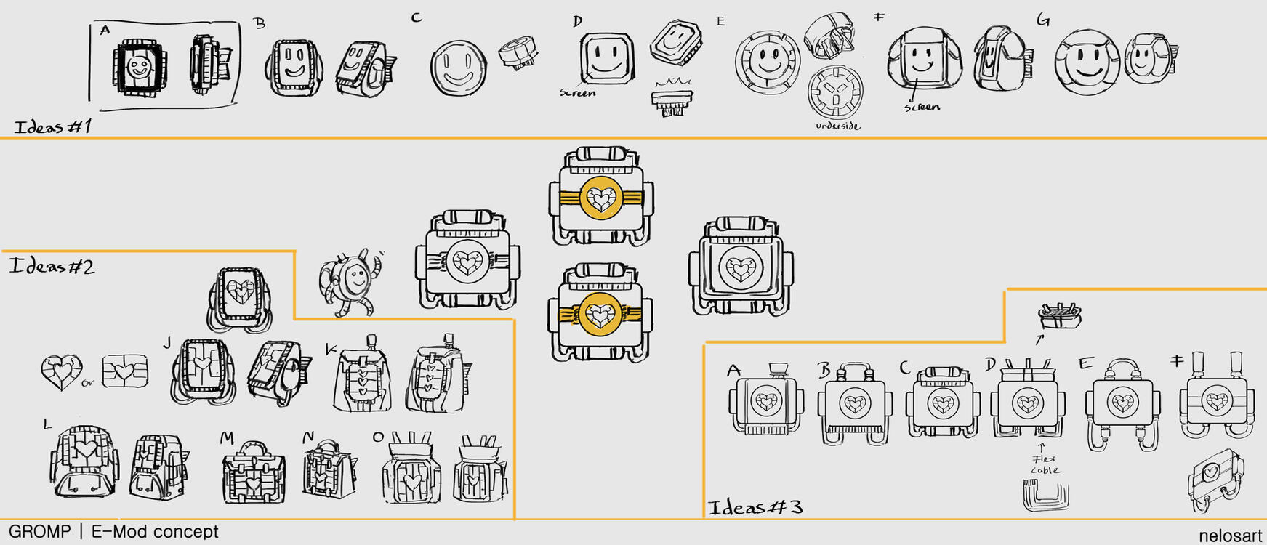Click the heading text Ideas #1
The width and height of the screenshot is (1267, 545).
[54, 126]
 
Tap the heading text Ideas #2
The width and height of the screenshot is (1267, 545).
[52, 266]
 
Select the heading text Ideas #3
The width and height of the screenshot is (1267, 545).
[755, 506]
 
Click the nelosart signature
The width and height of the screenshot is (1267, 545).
[1231, 536]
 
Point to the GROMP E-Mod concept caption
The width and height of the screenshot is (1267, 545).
[113, 532]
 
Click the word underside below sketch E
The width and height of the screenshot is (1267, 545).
[837, 126]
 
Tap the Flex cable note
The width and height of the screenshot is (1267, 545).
[1045, 465]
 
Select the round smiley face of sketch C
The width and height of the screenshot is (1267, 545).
[458, 68]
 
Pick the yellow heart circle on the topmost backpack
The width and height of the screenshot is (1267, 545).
[600, 197]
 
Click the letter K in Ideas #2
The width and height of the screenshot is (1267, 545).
[331, 350]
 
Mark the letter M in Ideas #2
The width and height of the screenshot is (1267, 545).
[227, 437]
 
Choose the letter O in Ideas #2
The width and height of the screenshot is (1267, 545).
[378, 437]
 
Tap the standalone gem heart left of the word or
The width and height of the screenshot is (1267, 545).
[61, 372]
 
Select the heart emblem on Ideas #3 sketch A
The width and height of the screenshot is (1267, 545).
[766, 401]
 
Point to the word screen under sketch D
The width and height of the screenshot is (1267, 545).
[577, 93]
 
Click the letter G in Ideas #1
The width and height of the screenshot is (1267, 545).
[1043, 20]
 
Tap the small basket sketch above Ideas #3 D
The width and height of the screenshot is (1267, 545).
[1060, 315]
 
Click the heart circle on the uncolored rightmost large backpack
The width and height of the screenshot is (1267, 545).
[741, 268]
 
